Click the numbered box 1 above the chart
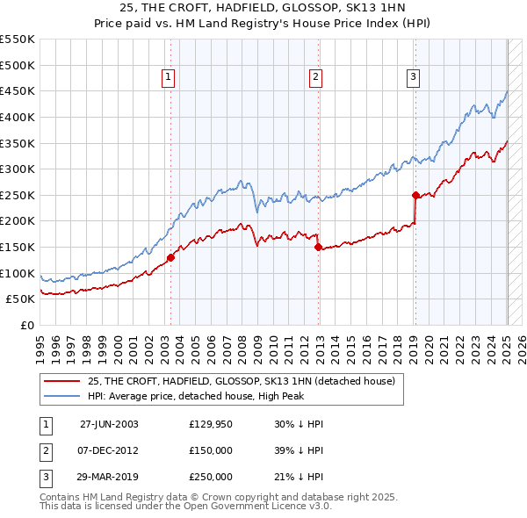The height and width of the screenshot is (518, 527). click(169, 77)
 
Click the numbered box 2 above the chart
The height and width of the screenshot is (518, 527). click(314, 77)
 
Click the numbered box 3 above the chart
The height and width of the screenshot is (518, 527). click(413, 77)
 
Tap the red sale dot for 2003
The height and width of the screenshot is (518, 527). click(171, 257)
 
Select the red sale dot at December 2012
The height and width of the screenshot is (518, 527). click(319, 247)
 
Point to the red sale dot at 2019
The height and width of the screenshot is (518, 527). click(415, 195)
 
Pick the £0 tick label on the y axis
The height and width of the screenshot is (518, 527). click(25, 325)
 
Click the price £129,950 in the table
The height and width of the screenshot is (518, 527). click(211, 424)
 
